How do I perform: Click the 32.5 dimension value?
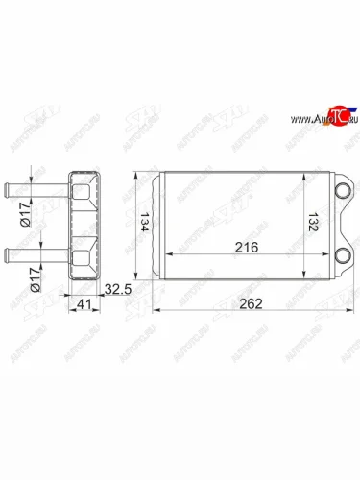point(116,289)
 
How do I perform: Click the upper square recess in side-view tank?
point(83,193)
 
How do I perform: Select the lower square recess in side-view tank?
point(83,252)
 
